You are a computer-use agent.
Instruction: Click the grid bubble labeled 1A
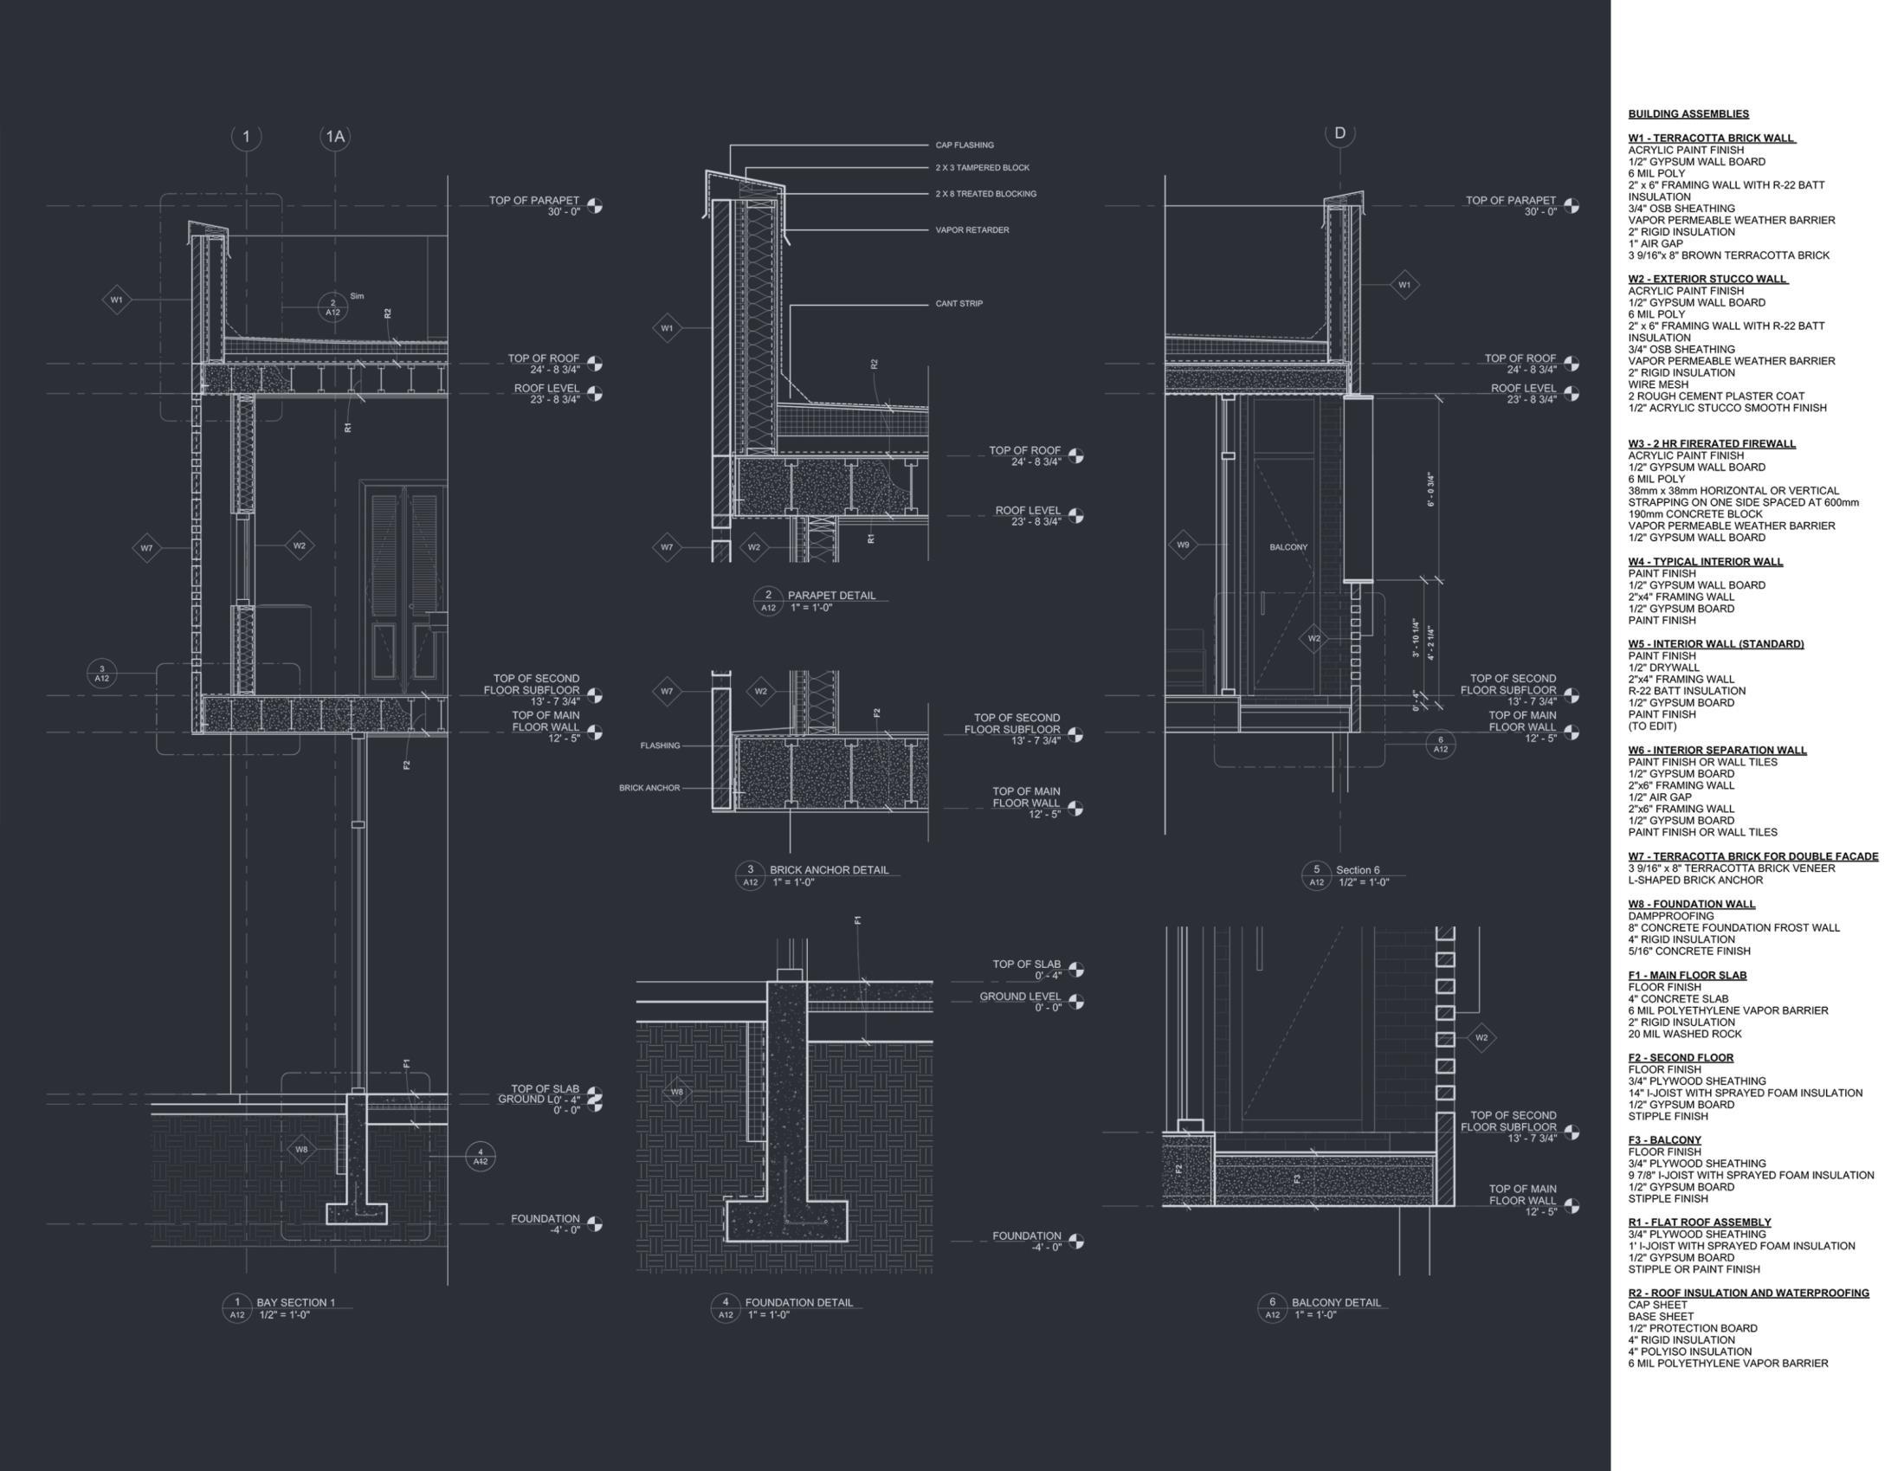click(x=335, y=137)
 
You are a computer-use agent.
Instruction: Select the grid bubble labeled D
click(x=1340, y=133)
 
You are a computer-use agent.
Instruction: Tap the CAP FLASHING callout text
click(x=965, y=145)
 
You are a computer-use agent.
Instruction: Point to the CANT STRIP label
click(x=959, y=304)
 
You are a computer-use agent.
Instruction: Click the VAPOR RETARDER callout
click(x=972, y=230)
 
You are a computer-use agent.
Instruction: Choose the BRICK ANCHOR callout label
click(x=649, y=788)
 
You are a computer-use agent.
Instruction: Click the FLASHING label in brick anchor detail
click(x=660, y=746)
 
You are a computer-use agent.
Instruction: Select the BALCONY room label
click(x=1288, y=547)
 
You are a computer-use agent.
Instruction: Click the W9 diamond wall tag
click(x=1183, y=545)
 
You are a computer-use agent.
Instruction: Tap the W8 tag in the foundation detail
click(x=676, y=1092)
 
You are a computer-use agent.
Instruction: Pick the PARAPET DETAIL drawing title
click(x=831, y=596)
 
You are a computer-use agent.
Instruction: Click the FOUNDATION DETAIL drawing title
click(x=798, y=1303)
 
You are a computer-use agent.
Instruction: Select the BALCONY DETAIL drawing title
click(x=1336, y=1303)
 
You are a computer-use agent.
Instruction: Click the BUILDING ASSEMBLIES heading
click(x=1688, y=114)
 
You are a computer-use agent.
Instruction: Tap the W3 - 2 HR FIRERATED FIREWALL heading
click(x=1711, y=444)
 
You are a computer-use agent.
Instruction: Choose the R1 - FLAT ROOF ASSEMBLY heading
click(x=1699, y=1223)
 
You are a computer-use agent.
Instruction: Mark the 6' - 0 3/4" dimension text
click(x=1430, y=490)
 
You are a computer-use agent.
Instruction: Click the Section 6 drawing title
click(x=1358, y=870)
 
